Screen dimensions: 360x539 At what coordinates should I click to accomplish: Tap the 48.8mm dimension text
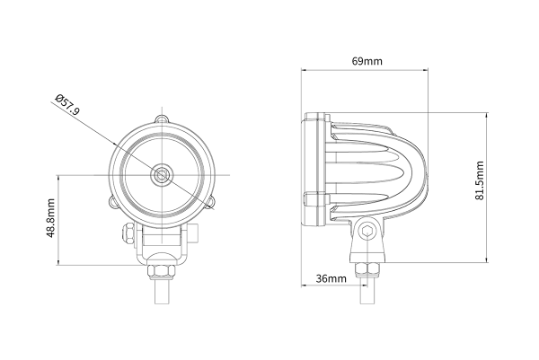(52, 219)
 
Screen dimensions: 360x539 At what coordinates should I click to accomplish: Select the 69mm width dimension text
(367, 61)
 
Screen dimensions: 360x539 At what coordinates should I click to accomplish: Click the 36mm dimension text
(331, 280)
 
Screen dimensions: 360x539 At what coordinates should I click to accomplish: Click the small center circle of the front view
(161, 173)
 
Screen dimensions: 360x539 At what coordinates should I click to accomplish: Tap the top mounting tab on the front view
(161, 119)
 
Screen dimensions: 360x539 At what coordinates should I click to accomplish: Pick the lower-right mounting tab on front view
(211, 204)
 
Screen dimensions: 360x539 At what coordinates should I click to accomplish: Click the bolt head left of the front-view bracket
(128, 235)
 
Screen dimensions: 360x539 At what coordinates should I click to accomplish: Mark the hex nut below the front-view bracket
(161, 269)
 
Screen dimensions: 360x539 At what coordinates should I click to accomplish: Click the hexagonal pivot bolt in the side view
(367, 233)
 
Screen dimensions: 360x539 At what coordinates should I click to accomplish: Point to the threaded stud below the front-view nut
(161, 292)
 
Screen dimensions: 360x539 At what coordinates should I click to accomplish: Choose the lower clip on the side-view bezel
(312, 199)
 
